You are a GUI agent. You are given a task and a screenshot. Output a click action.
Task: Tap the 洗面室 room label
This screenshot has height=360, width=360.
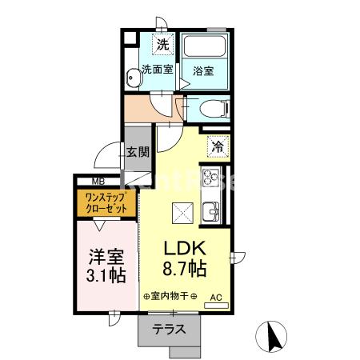click(x=157, y=69)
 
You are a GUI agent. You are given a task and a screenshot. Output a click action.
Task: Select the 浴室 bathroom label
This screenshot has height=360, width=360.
click(x=202, y=71)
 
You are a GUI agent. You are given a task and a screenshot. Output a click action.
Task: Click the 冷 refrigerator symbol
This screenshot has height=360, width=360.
click(x=218, y=146)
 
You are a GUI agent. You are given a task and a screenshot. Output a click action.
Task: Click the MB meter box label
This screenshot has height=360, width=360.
click(x=87, y=181)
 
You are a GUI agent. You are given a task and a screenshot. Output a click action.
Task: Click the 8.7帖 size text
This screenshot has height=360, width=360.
click(x=186, y=268)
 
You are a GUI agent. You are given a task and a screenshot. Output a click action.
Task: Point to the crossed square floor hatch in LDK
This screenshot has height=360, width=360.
click(x=181, y=212)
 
